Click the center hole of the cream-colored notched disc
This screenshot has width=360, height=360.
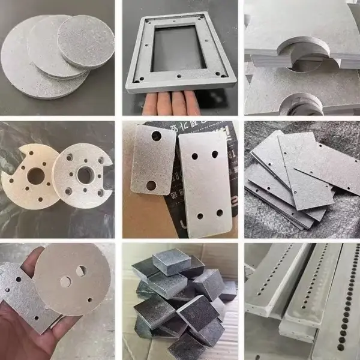[x=36, y=176]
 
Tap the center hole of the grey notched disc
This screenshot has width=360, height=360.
[x=85, y=175]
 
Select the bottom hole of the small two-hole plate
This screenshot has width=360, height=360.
[x=151, y=185]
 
